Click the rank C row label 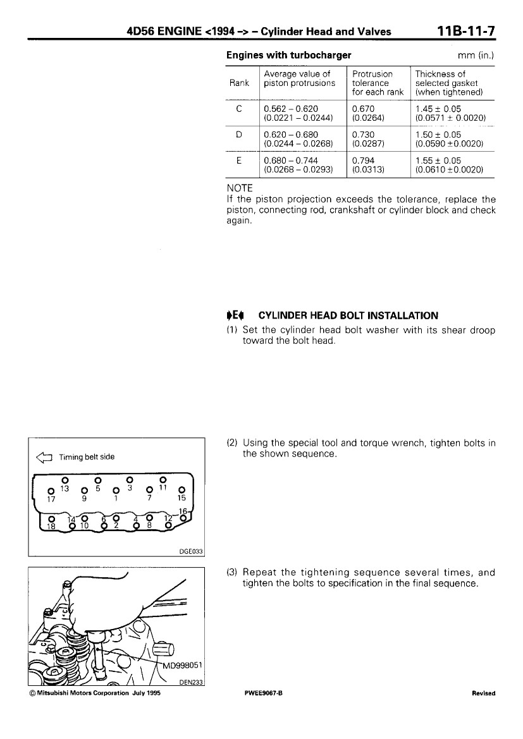click(x=239, y=108)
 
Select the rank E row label click(x=239, y=161)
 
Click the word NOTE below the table click(x=239, y=188)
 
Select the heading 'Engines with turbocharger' click(x=288, y=55)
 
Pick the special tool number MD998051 click(x=183, y=664)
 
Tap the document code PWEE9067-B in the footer click(x=262, y=693)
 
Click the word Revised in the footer click(x=483, y=693)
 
